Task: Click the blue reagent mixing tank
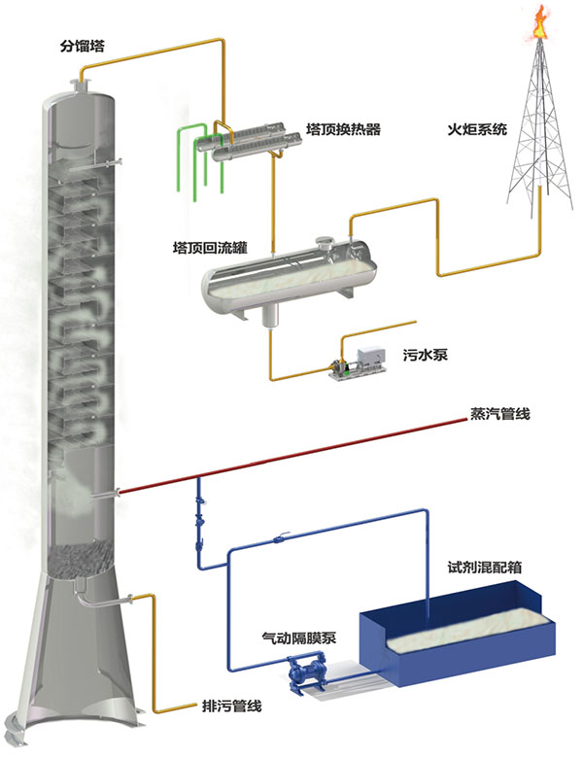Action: [x=457, y=641]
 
